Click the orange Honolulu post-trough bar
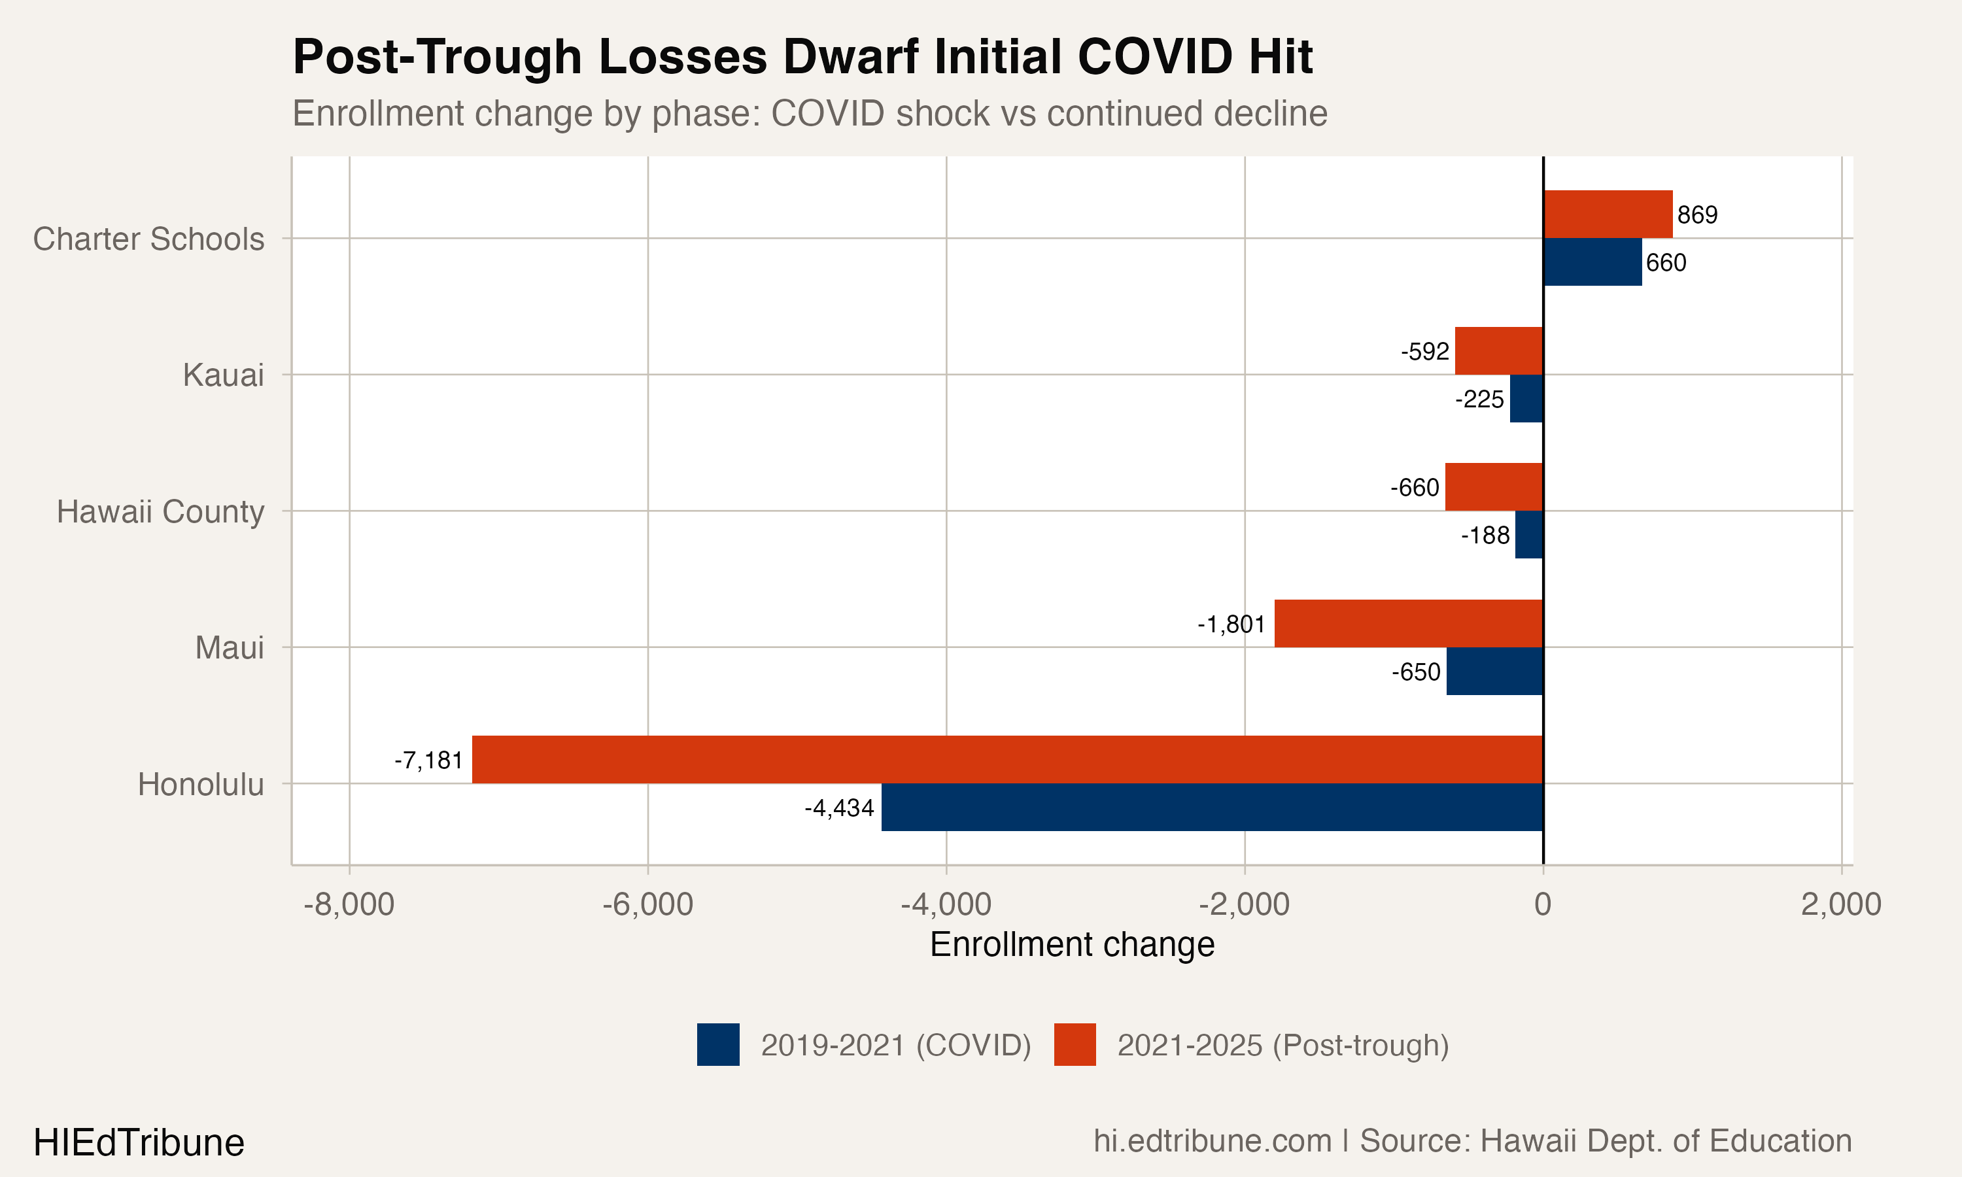tap(1007, 759)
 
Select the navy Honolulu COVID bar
tap(1212, 808)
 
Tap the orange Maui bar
tap(1409, 623)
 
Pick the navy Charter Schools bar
tap(1592, 262)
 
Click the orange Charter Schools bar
tap(1608, 214)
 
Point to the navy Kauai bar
tap(1526, 398)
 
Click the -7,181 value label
tap(429, 760)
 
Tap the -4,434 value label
tap(839, 808)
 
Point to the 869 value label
tap(1697, 215)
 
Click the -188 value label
tap(1485, 536)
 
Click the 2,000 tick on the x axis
tap(1840, 904)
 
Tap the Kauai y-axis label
tap(223, 375)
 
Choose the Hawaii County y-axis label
tap(160, 511)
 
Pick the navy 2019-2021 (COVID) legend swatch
tap(717, 1044)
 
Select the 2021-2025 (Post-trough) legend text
tap(1282, 1046)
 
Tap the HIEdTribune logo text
tap(139, 1143)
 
